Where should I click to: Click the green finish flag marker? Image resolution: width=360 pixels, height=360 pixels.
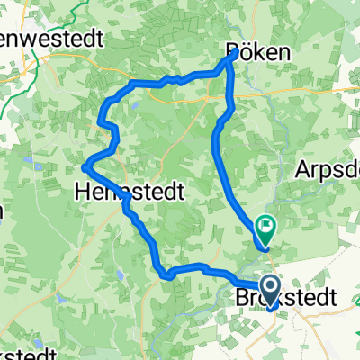coord(265,226)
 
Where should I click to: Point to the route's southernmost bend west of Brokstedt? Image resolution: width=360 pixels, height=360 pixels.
coord(166,276)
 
